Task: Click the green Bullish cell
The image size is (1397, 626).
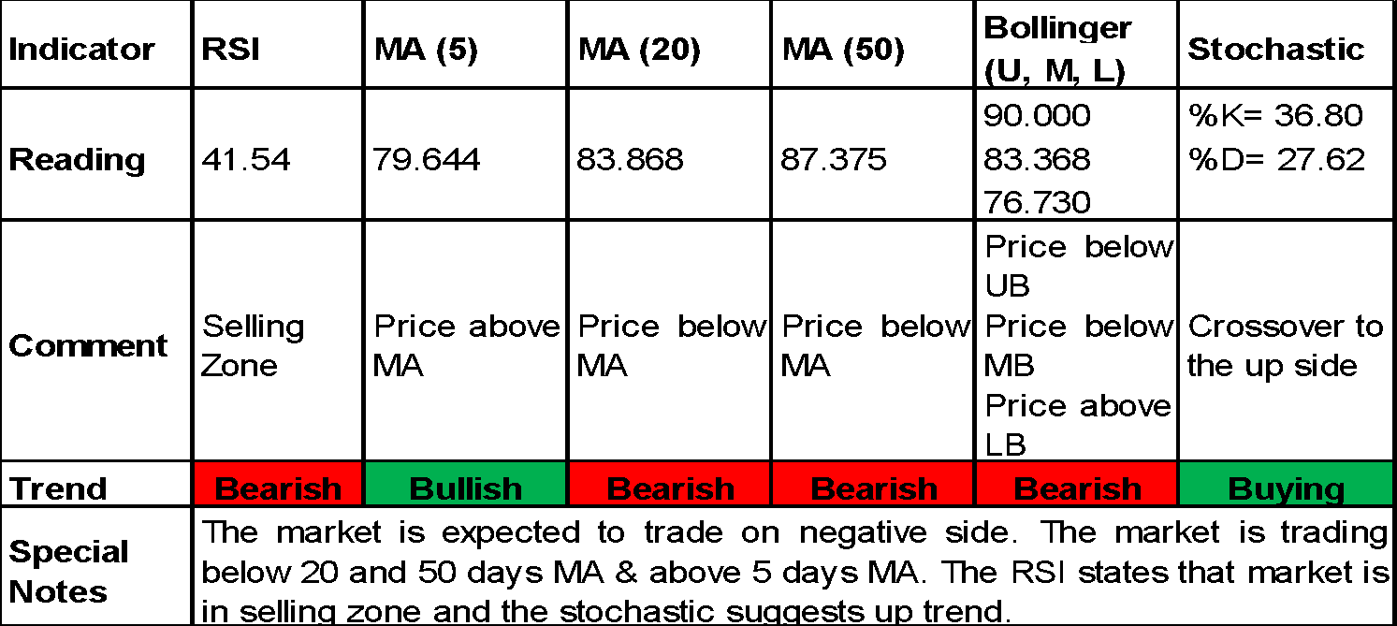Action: (465, 484)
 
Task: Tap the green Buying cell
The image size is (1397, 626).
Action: (1286, 484)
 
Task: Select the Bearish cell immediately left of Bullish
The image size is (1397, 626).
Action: (278, 484)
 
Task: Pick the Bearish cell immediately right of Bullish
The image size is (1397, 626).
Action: (669, 484)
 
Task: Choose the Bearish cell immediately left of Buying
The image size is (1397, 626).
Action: (1076, 484)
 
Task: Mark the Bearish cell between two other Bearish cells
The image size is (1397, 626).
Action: (873, 484)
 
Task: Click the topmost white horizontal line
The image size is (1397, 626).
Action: (1076, 44)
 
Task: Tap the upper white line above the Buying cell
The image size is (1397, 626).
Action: (1286, 133)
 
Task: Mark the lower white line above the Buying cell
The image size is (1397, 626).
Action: (1286, 175)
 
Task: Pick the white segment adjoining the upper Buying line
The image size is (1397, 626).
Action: (1076, 133)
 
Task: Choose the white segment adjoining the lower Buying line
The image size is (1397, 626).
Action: (1076, 175)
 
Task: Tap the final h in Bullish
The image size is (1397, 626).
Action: (511, 489)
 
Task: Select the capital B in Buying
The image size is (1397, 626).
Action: (1239, 489)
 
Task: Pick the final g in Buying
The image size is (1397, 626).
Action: (1333, 493)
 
